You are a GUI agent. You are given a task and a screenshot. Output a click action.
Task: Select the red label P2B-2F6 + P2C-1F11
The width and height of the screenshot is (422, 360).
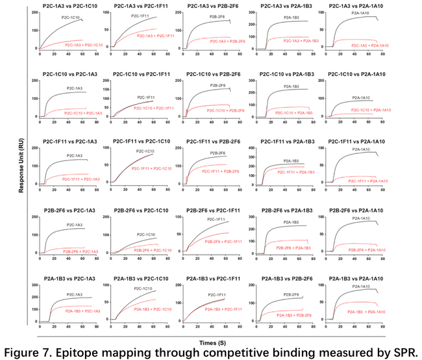[x=224, y=241]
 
